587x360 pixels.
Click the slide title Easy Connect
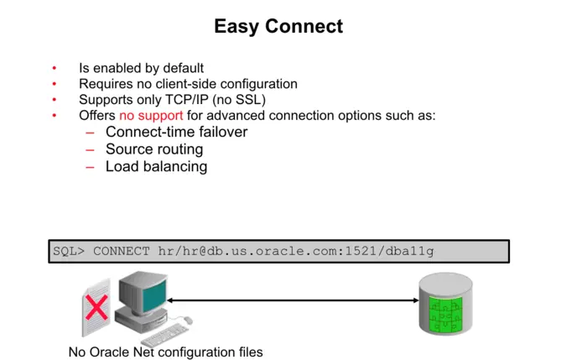click(278, 26)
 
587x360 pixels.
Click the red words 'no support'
click(151, 115)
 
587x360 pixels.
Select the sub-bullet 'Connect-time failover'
click(176, 132)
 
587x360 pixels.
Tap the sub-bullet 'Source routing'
click(154, 149)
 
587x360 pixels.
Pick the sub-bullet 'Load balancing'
click(156, 166)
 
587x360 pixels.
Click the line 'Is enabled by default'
click(141, 68)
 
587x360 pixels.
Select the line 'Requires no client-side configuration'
click(188, 84)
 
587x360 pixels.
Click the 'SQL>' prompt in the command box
click(69, 251)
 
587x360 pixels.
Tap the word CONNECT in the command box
click(122, 251)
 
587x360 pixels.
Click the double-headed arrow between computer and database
click(293, 300)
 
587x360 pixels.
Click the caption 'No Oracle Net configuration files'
click(165, 352)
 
